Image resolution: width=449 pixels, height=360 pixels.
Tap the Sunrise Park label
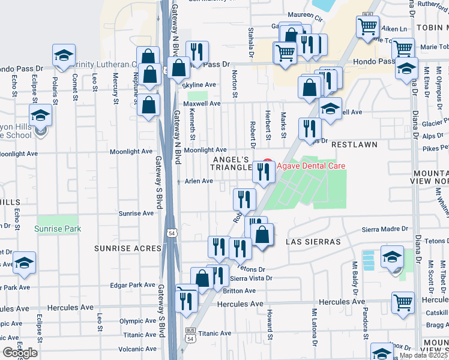[x=56, y=229]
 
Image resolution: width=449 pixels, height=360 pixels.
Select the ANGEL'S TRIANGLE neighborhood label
[x=231, y=163]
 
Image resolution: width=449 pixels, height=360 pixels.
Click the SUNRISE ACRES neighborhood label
[x=124, y=247]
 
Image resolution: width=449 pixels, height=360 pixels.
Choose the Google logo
[x=20, y=353]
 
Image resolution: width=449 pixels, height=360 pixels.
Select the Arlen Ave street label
[x=199, y=181]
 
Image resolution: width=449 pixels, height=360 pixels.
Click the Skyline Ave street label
[x=199, y=85]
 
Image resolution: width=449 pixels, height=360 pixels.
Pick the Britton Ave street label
[x=239, y=291]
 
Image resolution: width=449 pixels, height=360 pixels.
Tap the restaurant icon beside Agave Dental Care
[x=264, y=172]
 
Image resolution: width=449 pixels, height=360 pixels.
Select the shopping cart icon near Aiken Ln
[x=367, y=26]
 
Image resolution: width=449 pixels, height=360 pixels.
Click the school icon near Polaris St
[x=63, y=55]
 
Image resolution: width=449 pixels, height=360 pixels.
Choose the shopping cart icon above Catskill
[x=403, y=302]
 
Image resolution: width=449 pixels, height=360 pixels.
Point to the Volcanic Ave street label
[x=137, y=349]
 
